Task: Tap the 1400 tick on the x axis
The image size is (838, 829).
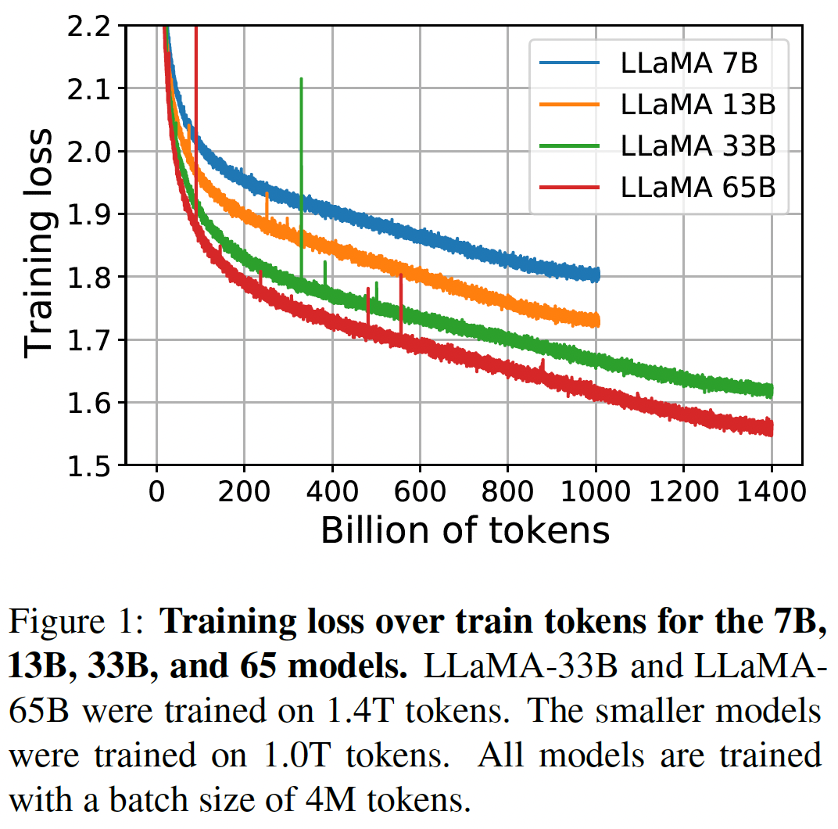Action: (771, 493)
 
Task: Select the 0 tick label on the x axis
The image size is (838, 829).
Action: (157, 493)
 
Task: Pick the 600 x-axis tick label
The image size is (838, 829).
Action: (420, 493)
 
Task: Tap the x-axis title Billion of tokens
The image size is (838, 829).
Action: (465, 530)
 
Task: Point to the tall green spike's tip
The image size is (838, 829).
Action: (301, 79)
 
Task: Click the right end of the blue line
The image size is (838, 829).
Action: (597, 274)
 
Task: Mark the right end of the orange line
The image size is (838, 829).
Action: (597, 320)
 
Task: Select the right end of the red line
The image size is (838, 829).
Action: (772, 428)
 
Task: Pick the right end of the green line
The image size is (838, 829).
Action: (772, 390)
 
